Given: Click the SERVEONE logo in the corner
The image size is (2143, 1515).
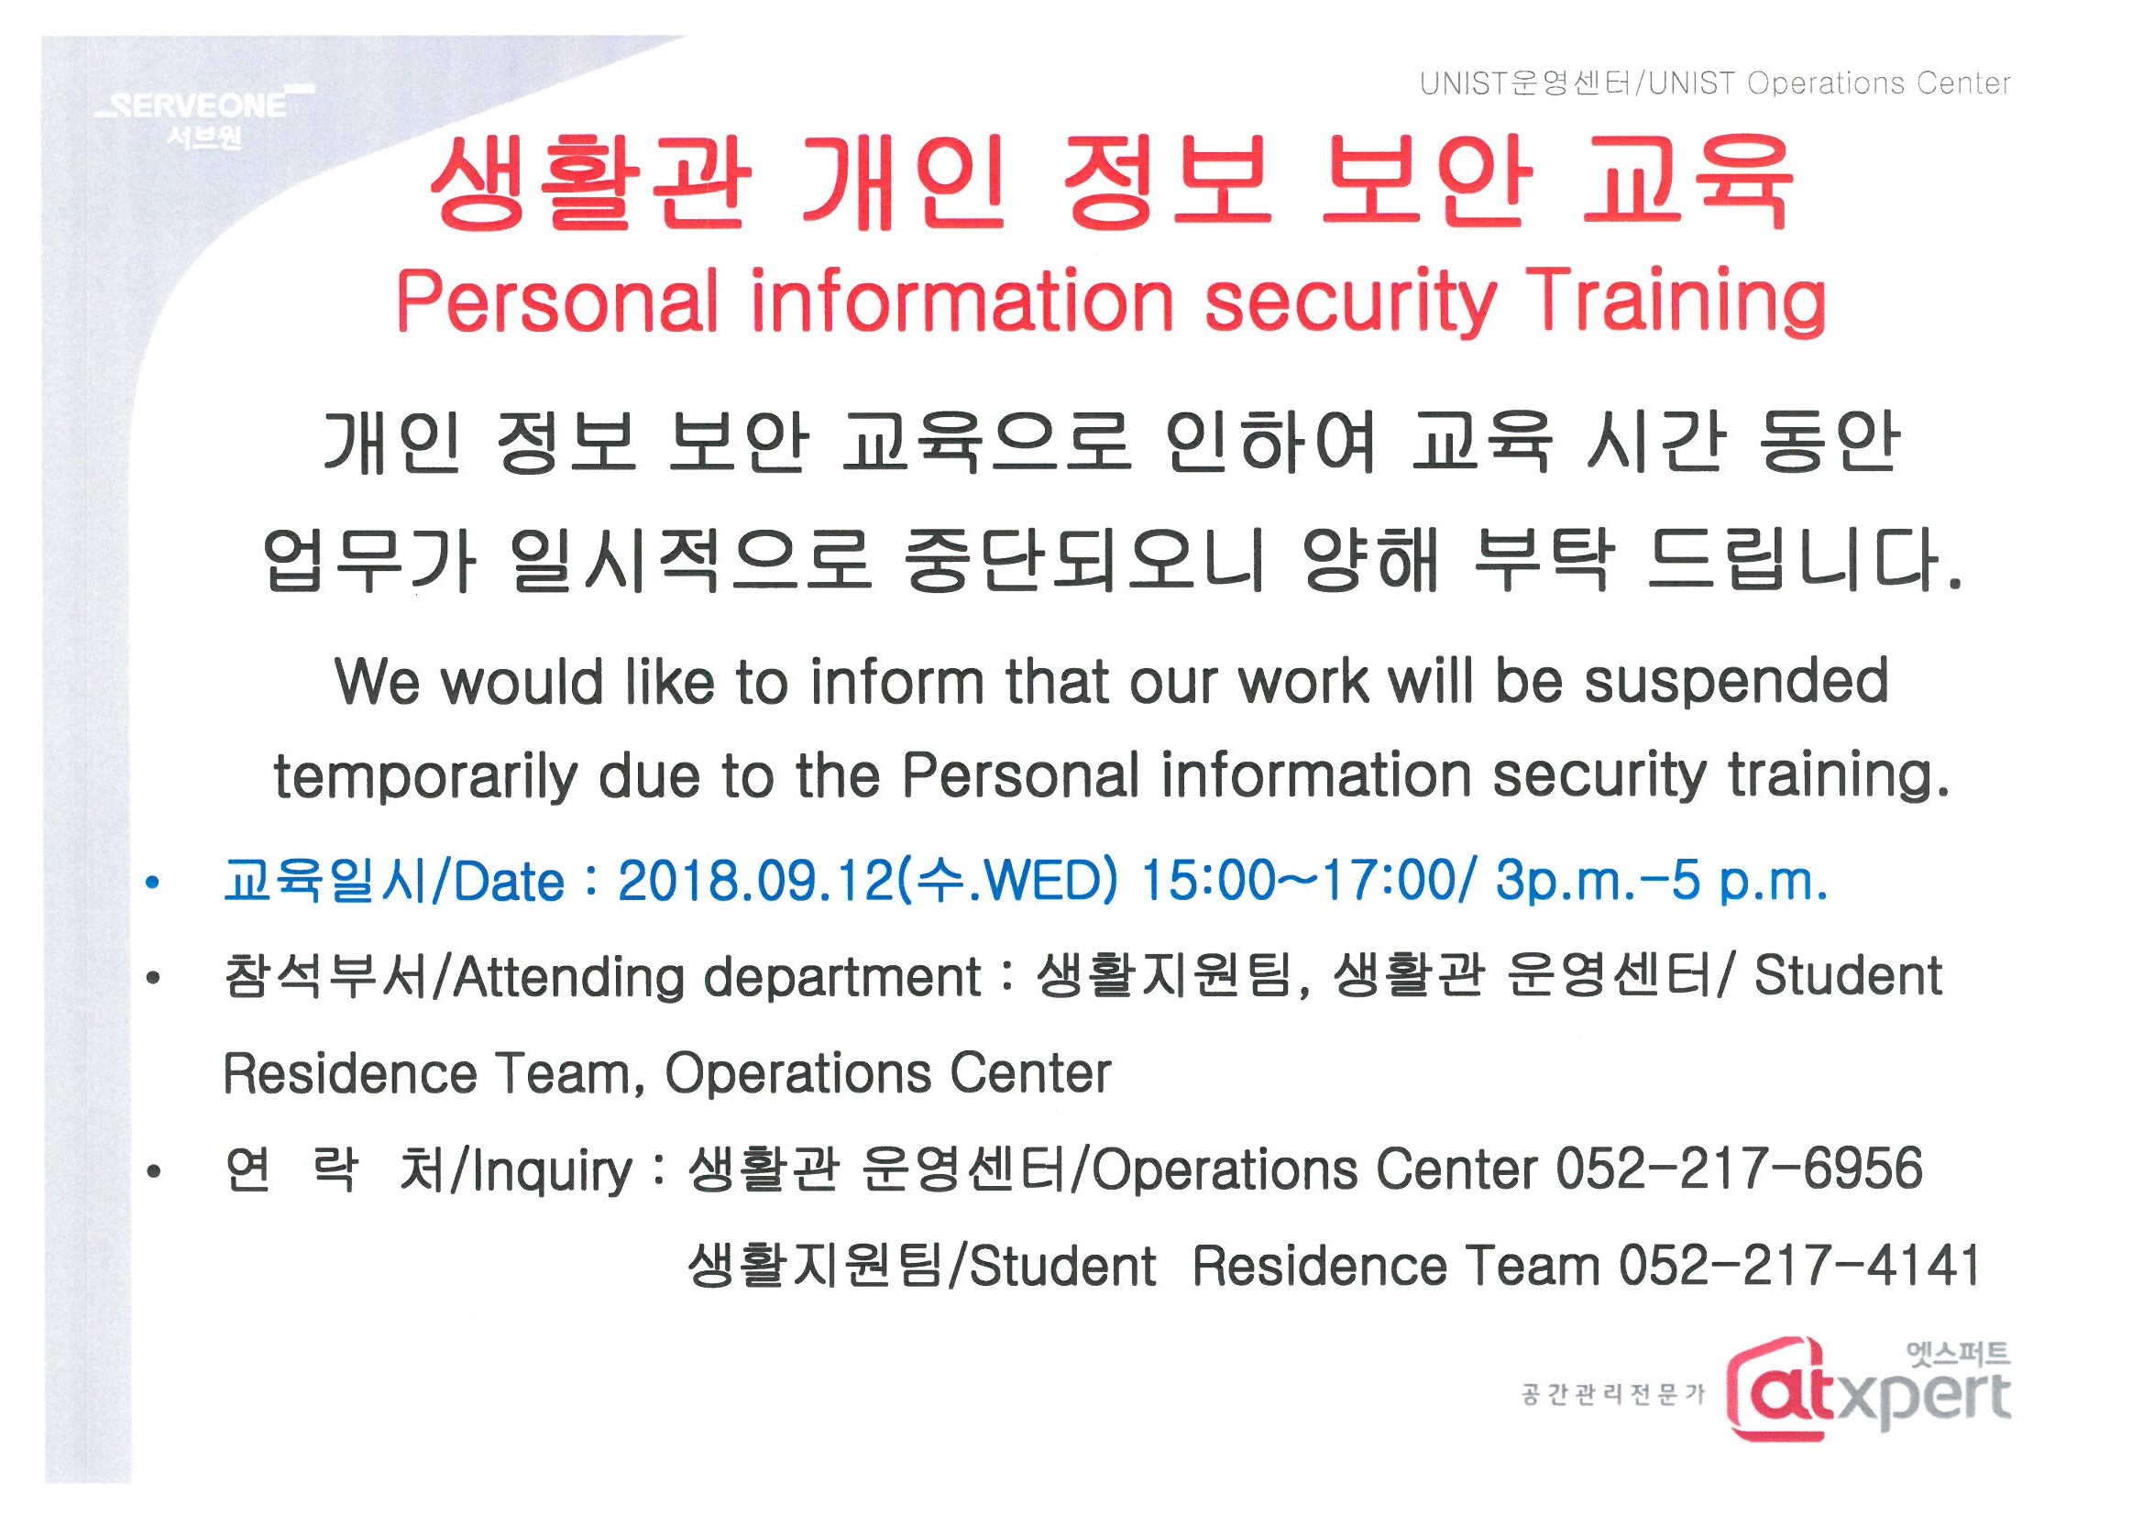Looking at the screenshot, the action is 204,116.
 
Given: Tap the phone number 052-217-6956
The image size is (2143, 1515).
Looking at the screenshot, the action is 1739,1169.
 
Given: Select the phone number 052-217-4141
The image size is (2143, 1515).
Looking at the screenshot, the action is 1799,1266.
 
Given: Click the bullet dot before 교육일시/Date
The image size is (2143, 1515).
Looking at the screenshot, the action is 153,882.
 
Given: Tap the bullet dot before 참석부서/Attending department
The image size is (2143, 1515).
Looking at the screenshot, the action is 153,978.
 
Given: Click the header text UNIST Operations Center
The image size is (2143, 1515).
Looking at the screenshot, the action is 1830,84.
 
